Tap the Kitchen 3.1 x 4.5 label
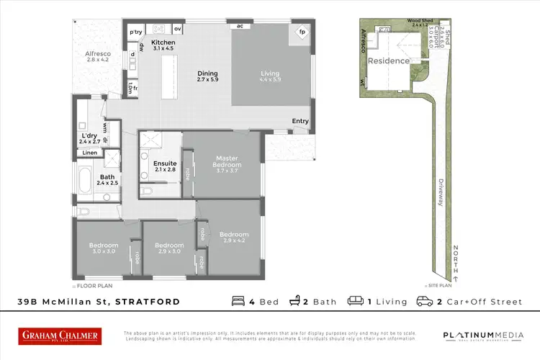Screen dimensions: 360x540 pyautogui.click(x=163, y=45)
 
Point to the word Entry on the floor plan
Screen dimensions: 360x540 pyautogui.click(x=300, y=121)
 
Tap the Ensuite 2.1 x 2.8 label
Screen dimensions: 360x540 pyautogui.click(x=165, y=166)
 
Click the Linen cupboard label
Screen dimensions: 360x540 pyautogui.click(x=89, y=153)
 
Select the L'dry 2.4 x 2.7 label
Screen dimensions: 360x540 pyautogui.click(x=91, y=138)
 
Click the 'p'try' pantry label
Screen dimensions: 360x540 pyautogui.click(x=135, y=32)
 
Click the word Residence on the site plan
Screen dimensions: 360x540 pyautogui.click(x=389, y=61)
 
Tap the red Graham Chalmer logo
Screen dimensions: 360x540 pyautogui.click(x=60, y=336)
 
